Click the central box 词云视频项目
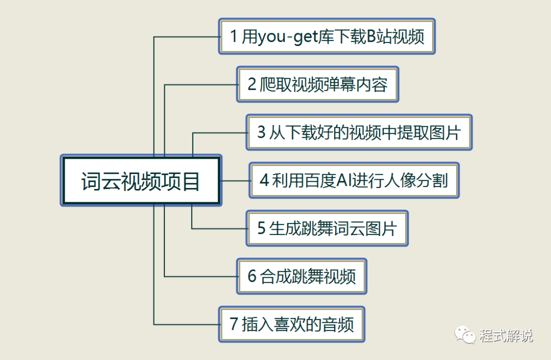pos(141,181)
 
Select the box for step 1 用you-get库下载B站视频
pos(327,37)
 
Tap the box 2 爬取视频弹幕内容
pos(317,84)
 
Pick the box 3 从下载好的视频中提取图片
pos(359,132)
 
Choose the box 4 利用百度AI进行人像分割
pos(354,180)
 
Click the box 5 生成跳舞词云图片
pos(327,228)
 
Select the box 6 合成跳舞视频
pos(302,276)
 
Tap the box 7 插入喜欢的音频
pos(291,324)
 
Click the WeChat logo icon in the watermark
pos(465,335)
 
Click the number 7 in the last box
pos(234,324)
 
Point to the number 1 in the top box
pos(234,37)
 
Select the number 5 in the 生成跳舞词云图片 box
pos(261,228)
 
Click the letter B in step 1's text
pos(372,37)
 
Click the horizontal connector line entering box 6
pos(202,277)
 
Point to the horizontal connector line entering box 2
pos(202,85)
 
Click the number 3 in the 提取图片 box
pos(261,132)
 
